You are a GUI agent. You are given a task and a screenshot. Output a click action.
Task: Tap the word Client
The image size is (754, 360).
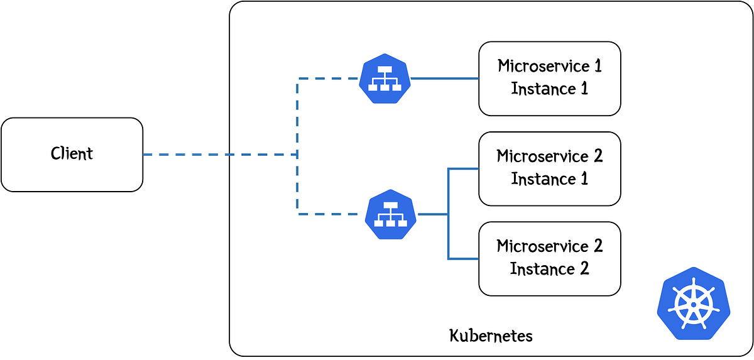[72, 154]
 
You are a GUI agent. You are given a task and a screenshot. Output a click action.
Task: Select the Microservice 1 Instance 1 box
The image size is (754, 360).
[550, 79]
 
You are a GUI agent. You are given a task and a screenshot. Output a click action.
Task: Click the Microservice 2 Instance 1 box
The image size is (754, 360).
[550, 168]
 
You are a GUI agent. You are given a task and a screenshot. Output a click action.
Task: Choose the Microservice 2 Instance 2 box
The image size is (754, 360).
[550, 258]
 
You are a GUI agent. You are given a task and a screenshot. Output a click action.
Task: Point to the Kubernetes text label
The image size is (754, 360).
[491, 335]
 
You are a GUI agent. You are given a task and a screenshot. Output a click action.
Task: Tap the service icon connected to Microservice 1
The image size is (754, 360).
[385, 79]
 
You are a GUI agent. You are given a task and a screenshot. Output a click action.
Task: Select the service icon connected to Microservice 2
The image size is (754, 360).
[391, 215]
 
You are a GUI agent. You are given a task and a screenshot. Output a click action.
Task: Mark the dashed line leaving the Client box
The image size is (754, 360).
[188, 154]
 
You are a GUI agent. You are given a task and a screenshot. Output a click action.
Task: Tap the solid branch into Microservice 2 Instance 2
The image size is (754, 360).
[463, 258]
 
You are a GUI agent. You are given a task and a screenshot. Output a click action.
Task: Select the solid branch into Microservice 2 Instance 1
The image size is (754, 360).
[463, 168]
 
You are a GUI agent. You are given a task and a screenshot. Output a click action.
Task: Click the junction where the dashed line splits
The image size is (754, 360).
[297, 154]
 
